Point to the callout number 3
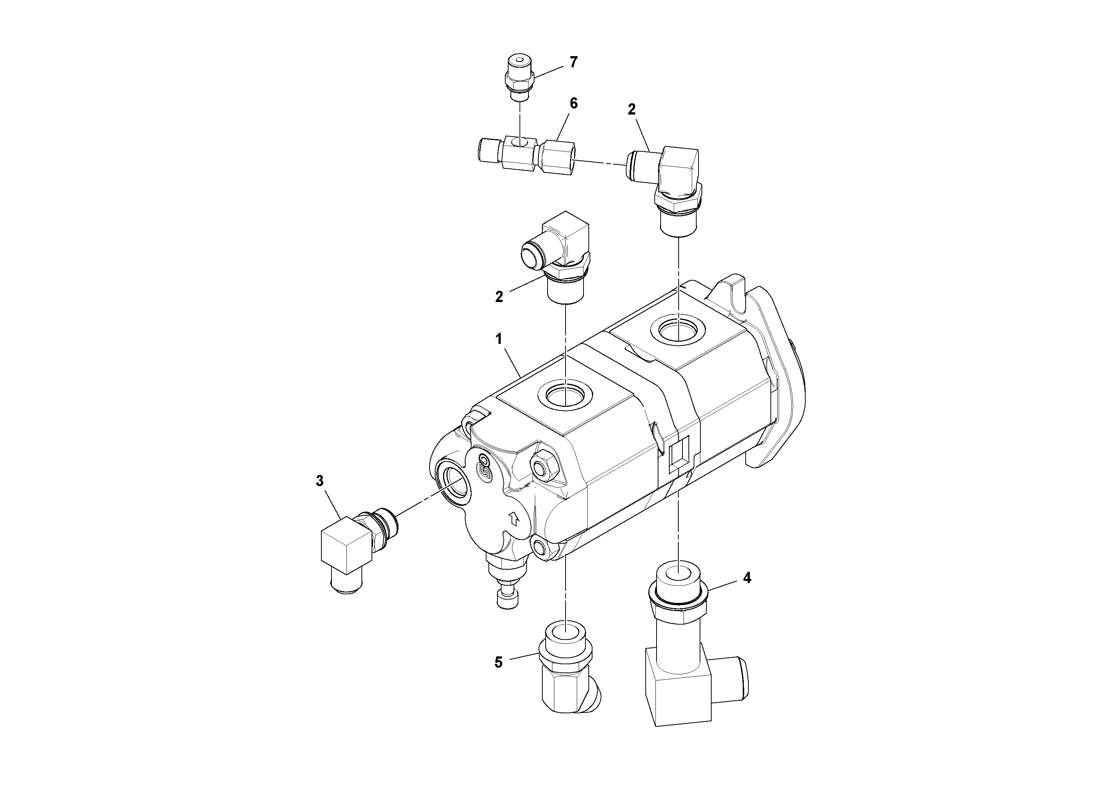pyautogui.click(x=319, y=481)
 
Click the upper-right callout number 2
pyautogui.click(x=631, y=110)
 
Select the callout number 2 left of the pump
pyautogui.click(x=499, y=297)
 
